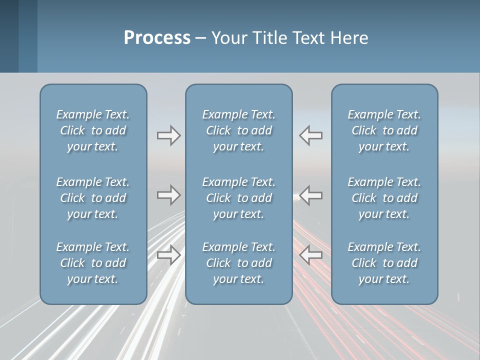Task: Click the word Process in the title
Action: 157,38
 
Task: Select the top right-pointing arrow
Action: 168,135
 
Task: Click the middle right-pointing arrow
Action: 168,195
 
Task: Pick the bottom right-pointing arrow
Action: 168,254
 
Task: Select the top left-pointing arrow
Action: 311,135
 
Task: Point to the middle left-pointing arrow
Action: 311,195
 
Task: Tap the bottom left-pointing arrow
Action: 311,254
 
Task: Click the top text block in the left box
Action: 93,130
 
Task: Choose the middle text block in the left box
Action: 93,198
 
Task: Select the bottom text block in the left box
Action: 93,263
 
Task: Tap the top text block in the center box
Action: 238,130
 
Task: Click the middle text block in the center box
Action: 238,198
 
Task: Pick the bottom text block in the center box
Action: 238,263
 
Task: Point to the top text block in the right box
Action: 384,130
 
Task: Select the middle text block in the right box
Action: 384,198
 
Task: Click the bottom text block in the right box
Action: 384,263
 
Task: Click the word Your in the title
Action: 228,38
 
